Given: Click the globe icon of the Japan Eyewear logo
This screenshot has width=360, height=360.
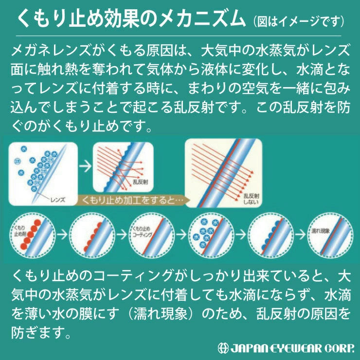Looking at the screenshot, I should (x=223, y=348).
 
